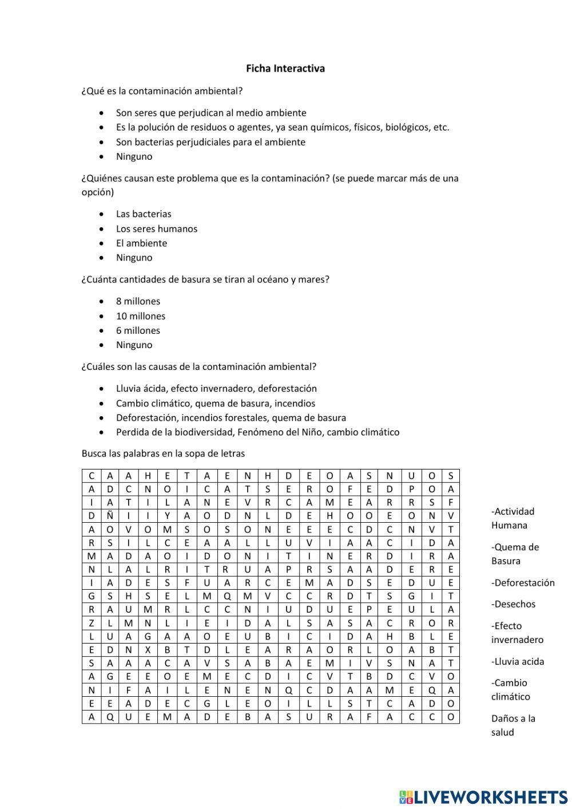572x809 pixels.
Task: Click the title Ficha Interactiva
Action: coord(285,69)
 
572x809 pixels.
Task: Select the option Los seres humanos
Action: coord(156,229)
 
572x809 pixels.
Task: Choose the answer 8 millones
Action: coord(138,302)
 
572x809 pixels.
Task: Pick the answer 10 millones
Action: coord(140,316)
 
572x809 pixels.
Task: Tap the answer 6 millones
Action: coord(138,331)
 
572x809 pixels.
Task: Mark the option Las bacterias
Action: coord(144,214)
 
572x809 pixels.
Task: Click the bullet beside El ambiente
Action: coord(102,243)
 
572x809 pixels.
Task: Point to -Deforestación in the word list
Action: coord(523,583)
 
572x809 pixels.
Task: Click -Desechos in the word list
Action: coord(513,605)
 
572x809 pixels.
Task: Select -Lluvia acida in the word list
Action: coord(518,662)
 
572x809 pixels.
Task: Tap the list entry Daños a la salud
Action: coord(513,725)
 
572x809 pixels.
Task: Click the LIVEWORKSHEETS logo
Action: coord(483,796)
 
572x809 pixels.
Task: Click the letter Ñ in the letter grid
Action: coord(110,516)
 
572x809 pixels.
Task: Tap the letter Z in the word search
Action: coord(91,623)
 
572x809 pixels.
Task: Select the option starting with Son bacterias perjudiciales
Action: coord(210,142)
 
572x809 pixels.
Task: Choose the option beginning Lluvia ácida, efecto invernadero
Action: coord(216,389)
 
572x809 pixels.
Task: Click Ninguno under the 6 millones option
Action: coord(134,345)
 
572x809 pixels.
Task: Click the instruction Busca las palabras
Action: coord(163,454)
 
